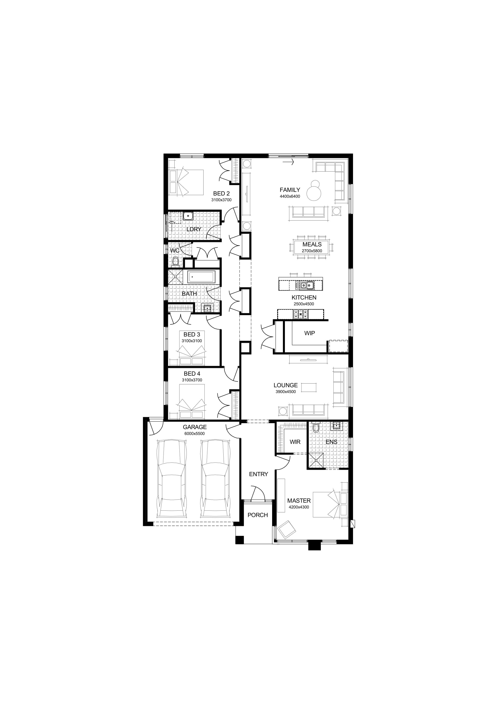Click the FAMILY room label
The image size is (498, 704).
290,190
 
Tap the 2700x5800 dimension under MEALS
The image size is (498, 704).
312,251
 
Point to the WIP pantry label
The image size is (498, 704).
309,333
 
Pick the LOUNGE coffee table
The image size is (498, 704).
309,387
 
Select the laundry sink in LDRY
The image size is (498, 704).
188,216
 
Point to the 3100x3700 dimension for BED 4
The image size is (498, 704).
192,380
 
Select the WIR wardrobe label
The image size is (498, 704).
295,442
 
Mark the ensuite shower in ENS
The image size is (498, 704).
316,461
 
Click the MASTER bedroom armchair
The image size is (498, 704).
287,529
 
